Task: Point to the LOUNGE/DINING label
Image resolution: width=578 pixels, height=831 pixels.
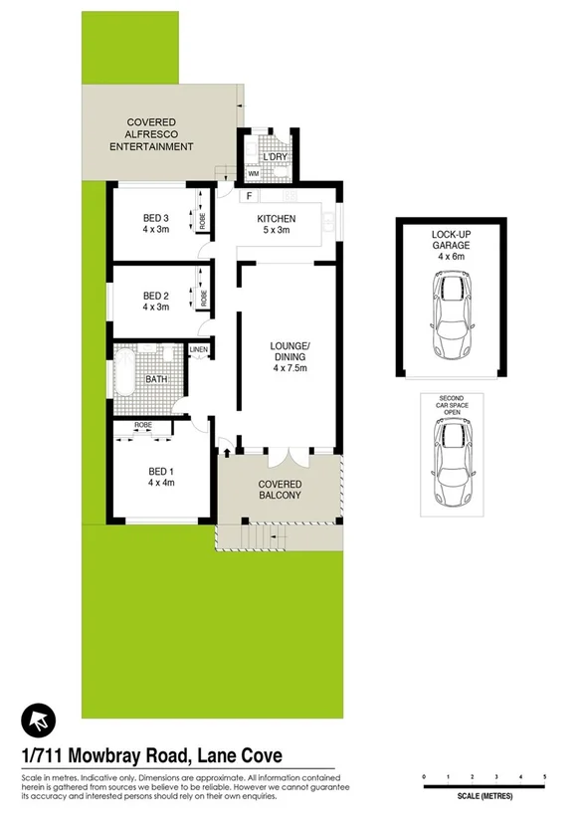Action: pyautogui.click(x=290, y=353)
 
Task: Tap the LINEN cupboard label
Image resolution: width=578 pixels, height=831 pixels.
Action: pyautogui.click(x=199, y=350)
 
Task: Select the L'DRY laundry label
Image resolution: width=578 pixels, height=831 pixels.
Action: pyautogui.click(x=274, y=156)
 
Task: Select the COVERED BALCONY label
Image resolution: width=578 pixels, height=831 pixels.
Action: pyautogui.click(x=280, y=491)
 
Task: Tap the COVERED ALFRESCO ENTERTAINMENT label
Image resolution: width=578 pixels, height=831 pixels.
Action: pyautogui.click(x=151, y=134)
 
